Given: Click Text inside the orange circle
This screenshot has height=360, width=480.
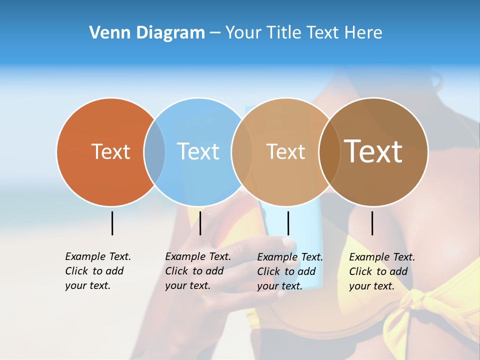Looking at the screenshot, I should click(110, 151).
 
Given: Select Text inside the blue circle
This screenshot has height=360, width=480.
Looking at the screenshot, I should click(198, 151).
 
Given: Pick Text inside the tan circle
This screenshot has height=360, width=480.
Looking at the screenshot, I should click(285, 151).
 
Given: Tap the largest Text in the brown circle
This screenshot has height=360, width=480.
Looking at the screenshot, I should click(373, 151).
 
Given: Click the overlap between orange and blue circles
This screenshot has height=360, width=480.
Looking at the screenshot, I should click(154, 151).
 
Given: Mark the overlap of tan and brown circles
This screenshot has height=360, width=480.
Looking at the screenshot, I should click(329, 151).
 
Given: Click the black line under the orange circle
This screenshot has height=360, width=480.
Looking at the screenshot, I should click(112, 223).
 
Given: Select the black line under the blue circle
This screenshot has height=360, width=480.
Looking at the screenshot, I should click(200, 223).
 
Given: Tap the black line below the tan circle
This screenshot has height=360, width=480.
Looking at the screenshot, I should click(288, 223).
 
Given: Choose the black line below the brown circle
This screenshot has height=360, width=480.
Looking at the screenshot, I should click(372, 223).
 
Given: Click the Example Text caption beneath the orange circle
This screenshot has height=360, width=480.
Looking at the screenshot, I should click(97, 271).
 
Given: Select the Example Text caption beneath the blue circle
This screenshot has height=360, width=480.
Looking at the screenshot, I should click(197, 271).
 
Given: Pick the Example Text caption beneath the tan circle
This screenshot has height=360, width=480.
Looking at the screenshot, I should click(289, 271).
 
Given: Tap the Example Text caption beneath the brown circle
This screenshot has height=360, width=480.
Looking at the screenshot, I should click(381, 271).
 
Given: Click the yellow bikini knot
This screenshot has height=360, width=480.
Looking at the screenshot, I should click(417, 305).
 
